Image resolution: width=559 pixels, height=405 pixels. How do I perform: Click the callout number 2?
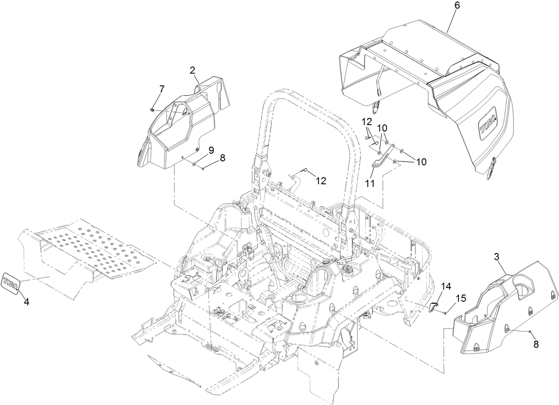point(192,70)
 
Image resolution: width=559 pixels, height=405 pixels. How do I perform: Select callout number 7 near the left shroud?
point(161,89)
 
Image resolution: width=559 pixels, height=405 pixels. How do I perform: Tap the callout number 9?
point(211,150)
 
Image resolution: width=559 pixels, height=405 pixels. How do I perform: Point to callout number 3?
point(497,256)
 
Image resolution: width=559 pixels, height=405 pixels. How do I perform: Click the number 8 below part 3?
point(536,344)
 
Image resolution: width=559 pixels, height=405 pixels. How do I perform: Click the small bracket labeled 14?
point(433,307)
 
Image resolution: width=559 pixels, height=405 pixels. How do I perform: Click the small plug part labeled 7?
point(152,109)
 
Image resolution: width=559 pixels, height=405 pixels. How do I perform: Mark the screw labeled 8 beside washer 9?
point(203,168)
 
